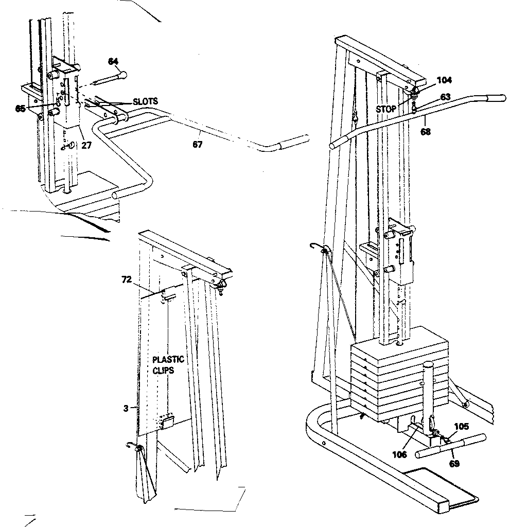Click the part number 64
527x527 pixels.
pyautogui.click(x=113, y=61)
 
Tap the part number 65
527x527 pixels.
pyautogui.click(x=21, y=109)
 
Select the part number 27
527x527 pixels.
pyautogui.click(x=86, y=145)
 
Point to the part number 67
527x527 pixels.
pyautogui.click(x=198, y=145)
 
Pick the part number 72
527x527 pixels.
pyautogui.click(x=127, y=279)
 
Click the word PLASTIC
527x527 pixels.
pyautogui.click(x=168, y=359)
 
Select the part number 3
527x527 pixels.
pyautogui.click(x=125, y=408)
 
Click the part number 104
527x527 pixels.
pyautogui.click(x=444, y=80)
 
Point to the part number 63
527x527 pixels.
pyautogui.click(x=445, y=96)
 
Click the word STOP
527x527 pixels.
pyautogui.click(x=387, y=109)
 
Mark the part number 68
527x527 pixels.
pyautogui.click(x=425, y=132)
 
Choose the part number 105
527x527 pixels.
pyautogui.click(x=462, y=427)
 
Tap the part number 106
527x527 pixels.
pyautogui.click(x=399, y=454)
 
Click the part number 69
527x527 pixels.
pyautogui.click(x=454, y=463)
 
